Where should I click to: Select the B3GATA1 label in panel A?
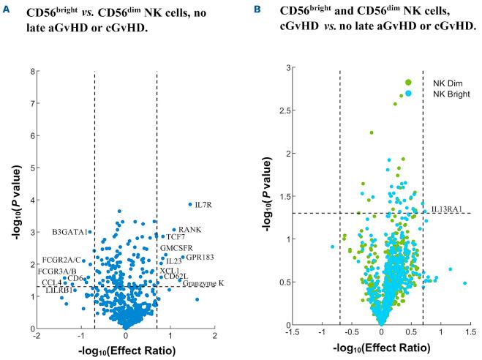70,232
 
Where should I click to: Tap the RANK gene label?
190,230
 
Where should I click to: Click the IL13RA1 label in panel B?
446,209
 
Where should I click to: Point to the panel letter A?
7,12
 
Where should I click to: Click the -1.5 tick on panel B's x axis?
294,334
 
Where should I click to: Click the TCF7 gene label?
176,237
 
